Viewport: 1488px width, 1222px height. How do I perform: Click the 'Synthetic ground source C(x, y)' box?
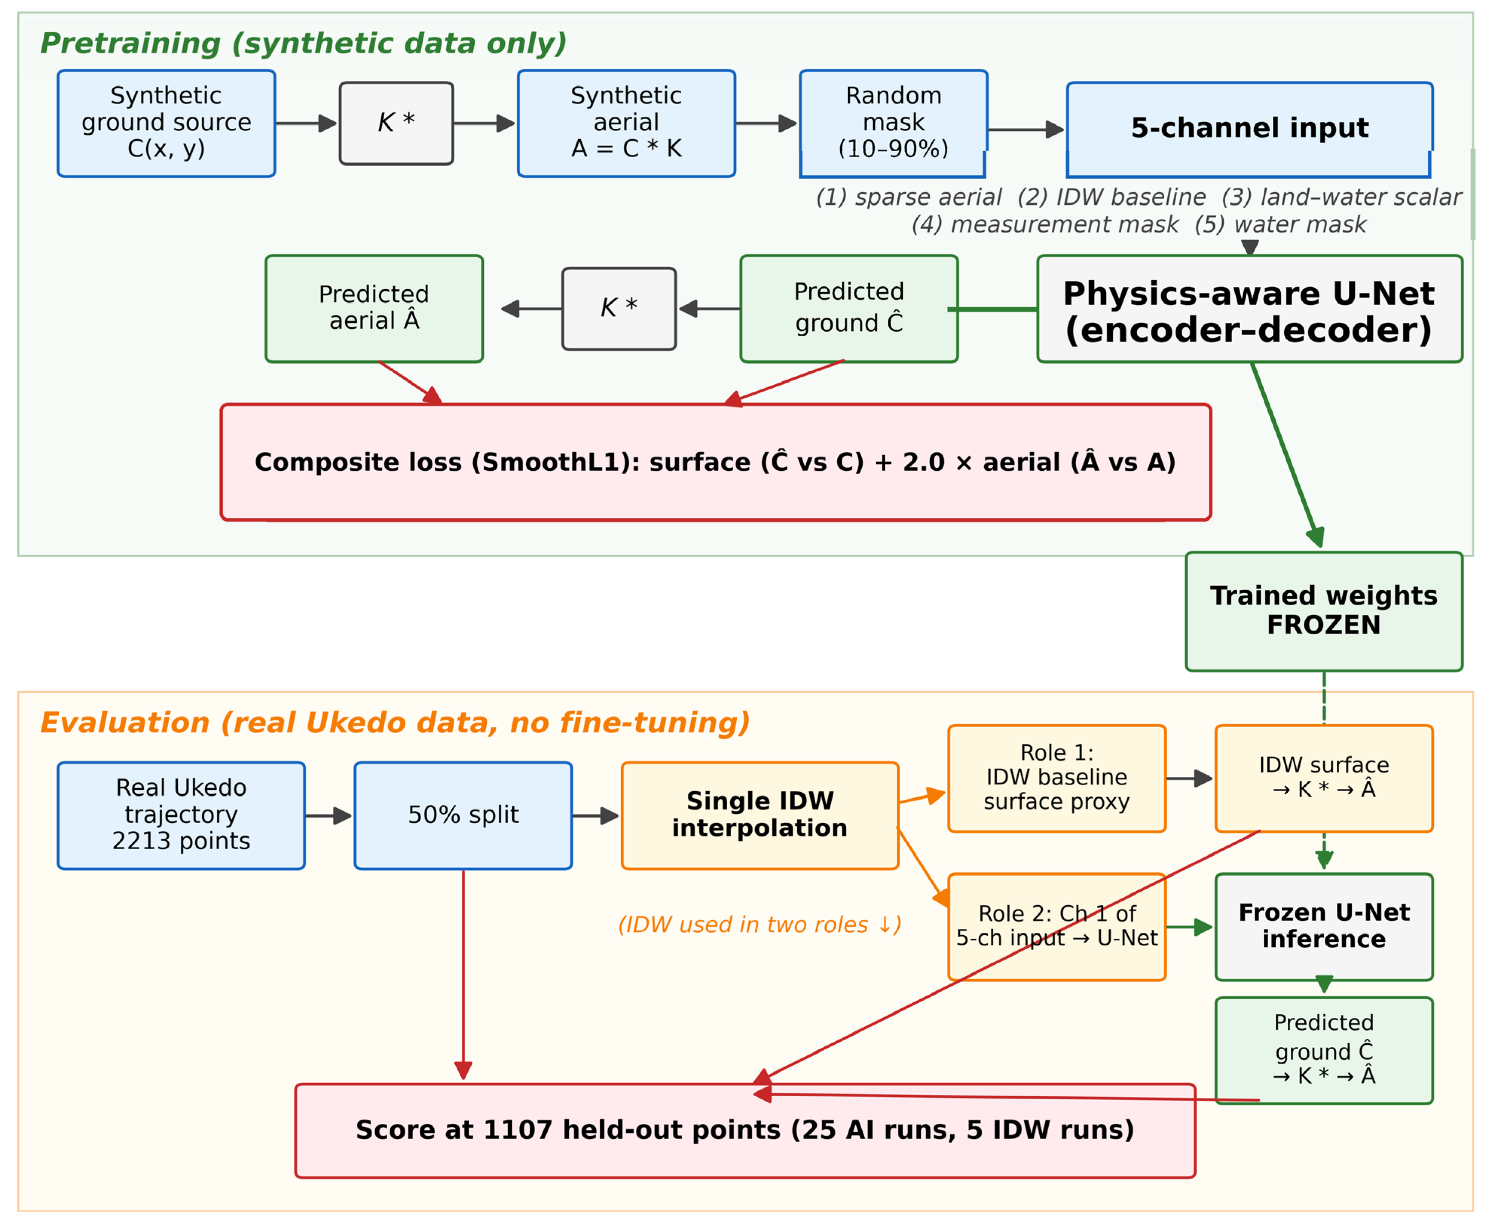coord(166,123)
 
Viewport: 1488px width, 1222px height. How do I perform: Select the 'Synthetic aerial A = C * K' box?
coord(626,123)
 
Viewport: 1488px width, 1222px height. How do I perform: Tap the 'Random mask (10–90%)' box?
coord(893,123)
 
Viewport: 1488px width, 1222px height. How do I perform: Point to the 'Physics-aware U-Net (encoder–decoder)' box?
coord(1249,309)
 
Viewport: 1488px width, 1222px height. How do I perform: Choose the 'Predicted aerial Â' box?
coord(374,309)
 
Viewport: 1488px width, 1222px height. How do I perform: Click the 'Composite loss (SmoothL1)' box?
coord(716,462)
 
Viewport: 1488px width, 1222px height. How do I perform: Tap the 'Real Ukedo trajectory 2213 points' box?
coord(181,816)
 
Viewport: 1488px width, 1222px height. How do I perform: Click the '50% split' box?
coord(463,816)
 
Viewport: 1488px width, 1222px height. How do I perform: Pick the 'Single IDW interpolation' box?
coord(760,816)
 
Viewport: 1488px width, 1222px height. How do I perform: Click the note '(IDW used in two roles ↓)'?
coord(760,924)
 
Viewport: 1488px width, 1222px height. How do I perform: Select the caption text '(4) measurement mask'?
coord(1045,225)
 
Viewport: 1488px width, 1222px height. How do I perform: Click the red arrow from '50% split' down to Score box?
coord(463,975)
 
